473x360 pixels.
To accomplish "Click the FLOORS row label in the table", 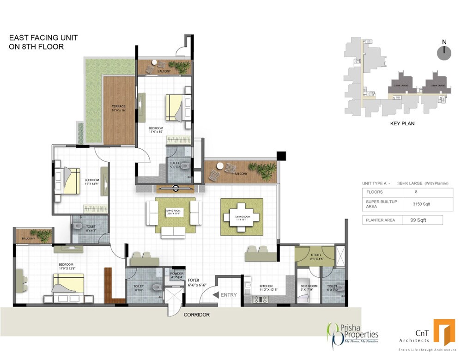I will (374, 192).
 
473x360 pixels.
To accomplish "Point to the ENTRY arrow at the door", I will (216, 294).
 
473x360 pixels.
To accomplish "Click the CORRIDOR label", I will (197, 315).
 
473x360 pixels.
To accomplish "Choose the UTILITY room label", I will (316, 255).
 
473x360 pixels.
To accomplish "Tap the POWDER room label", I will (177, 273).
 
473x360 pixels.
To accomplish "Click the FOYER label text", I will (194, 280).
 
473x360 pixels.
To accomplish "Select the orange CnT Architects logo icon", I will (444, 332).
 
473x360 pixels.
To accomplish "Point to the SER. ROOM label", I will (309, 286).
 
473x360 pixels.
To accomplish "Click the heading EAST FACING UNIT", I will (43, 38).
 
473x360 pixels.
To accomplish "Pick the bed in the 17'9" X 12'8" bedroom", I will (68, 284).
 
